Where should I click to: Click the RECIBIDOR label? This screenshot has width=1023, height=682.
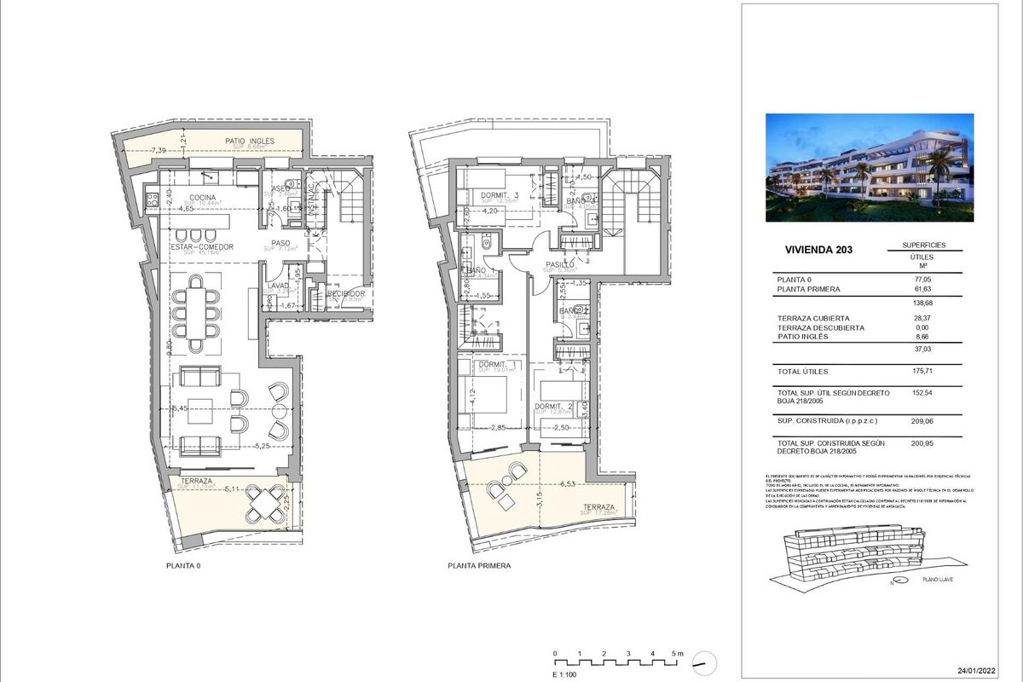click(346, 293)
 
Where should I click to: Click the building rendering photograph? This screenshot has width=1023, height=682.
click(870, 168)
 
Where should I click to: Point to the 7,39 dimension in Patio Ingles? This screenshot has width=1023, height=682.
click(159, 151)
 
